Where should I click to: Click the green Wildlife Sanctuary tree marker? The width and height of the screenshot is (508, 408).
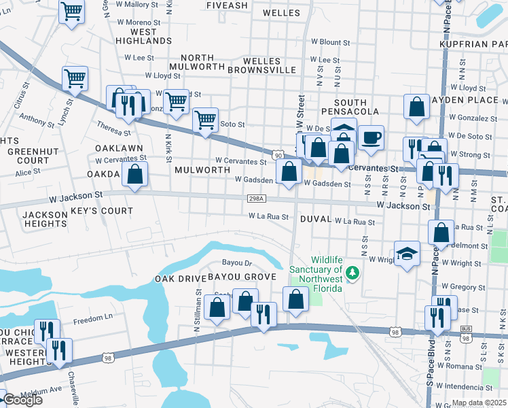pos(351,273)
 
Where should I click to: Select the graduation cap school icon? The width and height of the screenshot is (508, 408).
pos(407,254)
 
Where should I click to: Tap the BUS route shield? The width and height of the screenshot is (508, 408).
pos(465,328)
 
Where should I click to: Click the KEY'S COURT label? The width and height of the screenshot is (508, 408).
pos(102,211)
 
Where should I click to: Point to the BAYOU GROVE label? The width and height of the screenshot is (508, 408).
pos(241,277)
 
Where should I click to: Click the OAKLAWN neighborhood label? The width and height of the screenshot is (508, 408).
pos(119,148)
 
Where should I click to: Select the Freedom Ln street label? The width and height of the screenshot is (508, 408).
pos(92,319)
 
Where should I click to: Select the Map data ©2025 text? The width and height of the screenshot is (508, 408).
pos(479,403)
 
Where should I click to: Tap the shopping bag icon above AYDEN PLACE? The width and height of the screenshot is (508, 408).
pos(416,107)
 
